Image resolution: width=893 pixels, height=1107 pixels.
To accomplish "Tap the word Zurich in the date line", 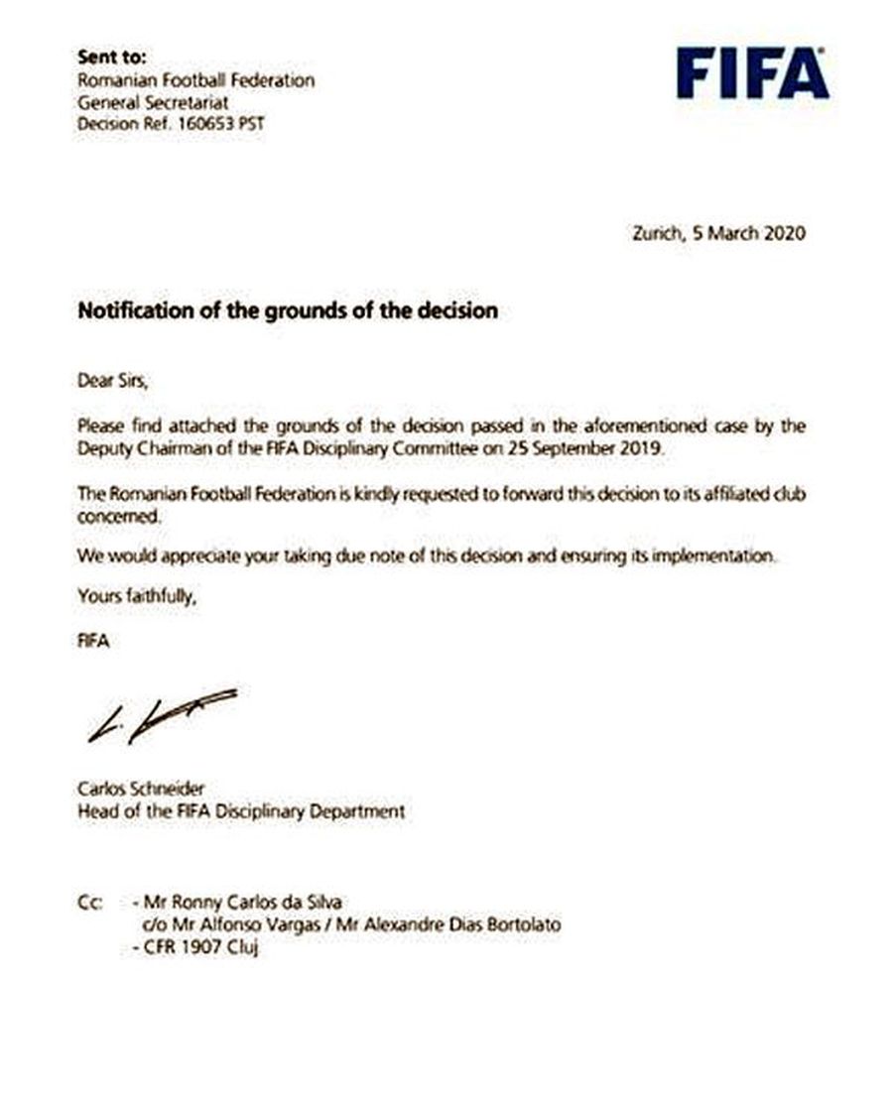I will coord(657,234).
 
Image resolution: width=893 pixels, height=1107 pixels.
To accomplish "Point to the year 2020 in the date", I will coord(784,234).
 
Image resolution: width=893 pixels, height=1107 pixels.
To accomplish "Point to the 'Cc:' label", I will coord(90,904).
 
